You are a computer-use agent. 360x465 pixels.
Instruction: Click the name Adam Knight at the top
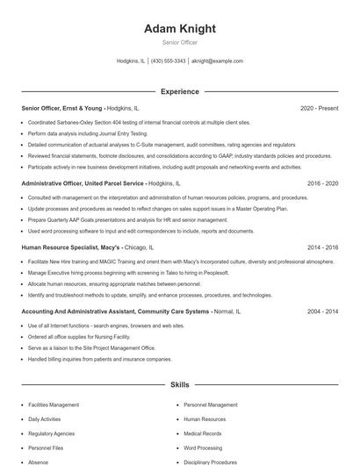click(180, 29)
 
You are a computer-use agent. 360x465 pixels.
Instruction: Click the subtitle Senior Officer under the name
click(180, 42)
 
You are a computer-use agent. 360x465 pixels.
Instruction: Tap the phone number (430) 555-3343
click(168, 61)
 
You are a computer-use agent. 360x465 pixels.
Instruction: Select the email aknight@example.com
click(217, 61)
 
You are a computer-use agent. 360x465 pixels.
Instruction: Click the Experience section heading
click(180, 91)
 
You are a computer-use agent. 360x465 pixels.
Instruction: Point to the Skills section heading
click(180, 385)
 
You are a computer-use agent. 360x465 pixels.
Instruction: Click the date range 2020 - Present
click(319, 109)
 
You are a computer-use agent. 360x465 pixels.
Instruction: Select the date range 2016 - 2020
click(322, 184)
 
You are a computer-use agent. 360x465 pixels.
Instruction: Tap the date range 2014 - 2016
click(322, 248)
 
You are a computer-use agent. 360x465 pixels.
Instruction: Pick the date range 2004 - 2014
click(322, 311)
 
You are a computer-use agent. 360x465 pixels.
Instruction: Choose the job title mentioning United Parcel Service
click(83, 184)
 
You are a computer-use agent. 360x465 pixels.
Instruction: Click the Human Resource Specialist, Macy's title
click(71, 248)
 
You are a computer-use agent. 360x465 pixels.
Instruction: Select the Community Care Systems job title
click(115, 311)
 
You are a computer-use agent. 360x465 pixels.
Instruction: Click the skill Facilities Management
click(54, 405)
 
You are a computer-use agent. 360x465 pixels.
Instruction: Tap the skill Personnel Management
click(211, 405)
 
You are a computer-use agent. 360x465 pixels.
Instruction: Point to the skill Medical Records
click(203, 433)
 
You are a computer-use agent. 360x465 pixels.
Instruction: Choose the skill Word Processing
click(203, 447)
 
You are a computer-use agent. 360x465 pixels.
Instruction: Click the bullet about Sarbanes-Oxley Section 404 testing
click(139, 123)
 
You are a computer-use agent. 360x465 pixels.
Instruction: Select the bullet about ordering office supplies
click(78, 336)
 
